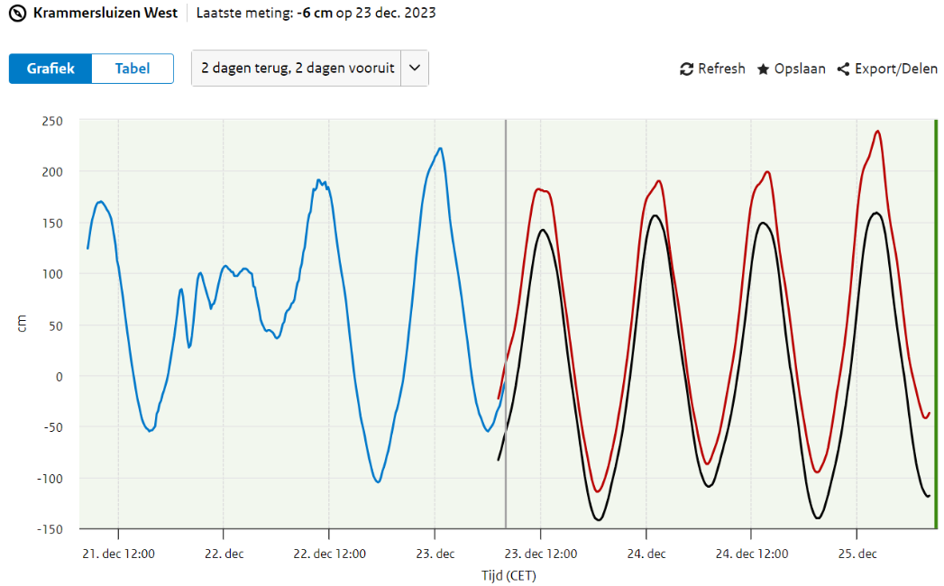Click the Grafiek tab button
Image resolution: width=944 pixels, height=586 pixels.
coord(50,69)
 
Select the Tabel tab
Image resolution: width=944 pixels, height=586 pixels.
coord(132,69)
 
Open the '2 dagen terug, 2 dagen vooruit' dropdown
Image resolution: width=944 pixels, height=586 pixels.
coord(298,69)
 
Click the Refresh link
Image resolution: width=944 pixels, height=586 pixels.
coord(712,69)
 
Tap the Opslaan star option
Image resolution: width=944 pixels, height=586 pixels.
coord(791,69)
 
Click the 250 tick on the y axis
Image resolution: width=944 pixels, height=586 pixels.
coord(52,121)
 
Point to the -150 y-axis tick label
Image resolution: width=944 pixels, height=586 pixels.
coord(49,528)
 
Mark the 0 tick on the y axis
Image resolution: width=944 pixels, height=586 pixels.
coord(60,376)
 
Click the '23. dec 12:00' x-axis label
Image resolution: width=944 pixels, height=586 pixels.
coord(540,554)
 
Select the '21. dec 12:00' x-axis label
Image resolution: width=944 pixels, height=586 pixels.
coord(117,554)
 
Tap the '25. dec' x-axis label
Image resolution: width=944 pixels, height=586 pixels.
coord(857,554)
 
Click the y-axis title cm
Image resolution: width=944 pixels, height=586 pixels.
coord(23,325)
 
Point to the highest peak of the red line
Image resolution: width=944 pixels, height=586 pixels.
coord(877,131)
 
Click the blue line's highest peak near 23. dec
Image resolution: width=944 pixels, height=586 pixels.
coord(440,148)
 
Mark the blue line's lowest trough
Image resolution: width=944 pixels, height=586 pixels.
coord(378,482)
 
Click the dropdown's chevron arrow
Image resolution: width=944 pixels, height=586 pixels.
coord(414,69)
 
